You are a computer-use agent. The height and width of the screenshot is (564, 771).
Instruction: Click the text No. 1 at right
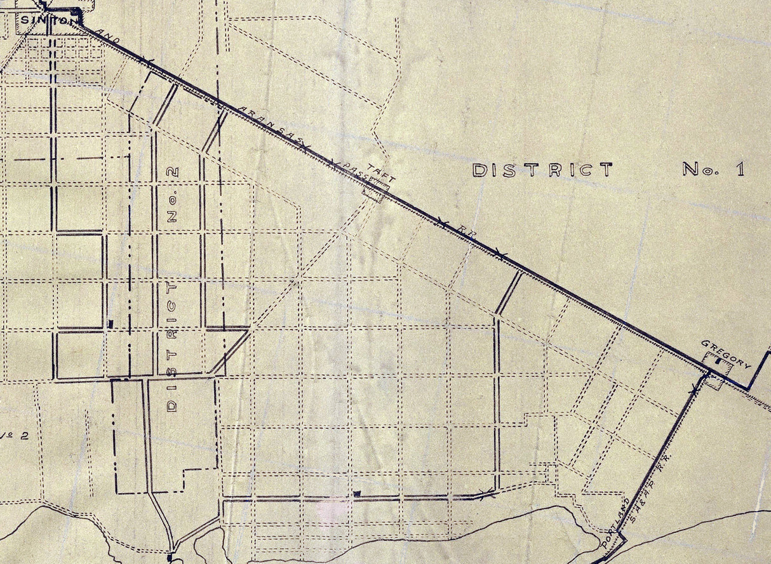pos(713,169)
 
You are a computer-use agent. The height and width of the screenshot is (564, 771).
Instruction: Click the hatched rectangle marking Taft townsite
pos(375,190)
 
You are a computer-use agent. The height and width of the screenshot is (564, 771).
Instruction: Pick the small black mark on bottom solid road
pos(357,494)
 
